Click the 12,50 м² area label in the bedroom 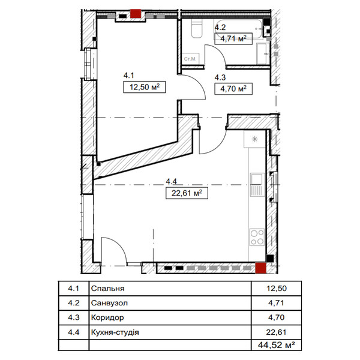145,87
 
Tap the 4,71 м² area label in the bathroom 233,38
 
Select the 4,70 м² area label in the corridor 233,89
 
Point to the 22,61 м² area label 187,193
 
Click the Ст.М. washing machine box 190,59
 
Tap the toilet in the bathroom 197,28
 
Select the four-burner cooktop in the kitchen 257,237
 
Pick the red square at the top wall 136,14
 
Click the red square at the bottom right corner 261,268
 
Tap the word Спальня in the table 107,288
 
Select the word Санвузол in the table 109,303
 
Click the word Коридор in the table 107,317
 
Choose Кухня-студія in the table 115,332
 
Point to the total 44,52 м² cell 277,344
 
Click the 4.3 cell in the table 74,317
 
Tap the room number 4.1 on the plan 128,76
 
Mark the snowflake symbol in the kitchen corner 254,139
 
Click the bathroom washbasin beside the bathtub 263,53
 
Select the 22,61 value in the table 277,332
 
